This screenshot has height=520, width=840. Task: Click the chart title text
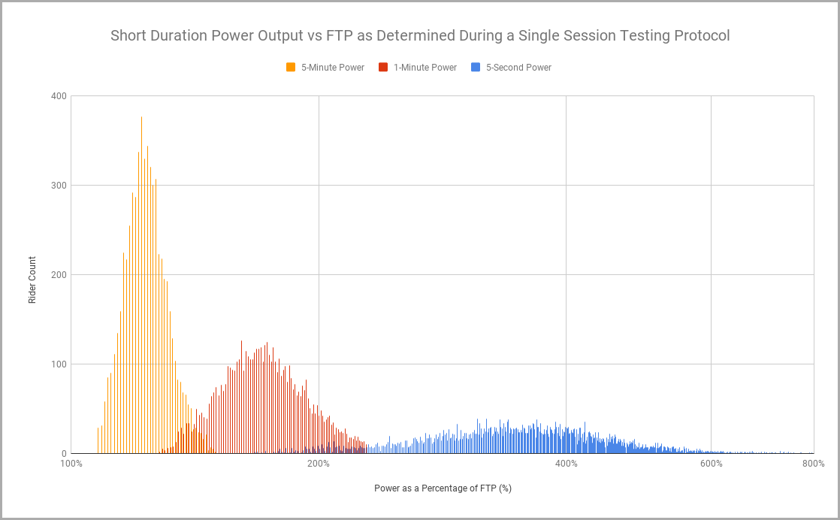pos(420,35)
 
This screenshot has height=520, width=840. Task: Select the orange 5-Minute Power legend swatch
pos(291,67)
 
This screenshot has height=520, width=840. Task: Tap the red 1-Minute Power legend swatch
pos(383,67)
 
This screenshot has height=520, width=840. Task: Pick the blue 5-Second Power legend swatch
pos(476,67)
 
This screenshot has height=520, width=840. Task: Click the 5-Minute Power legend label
pos(333,68)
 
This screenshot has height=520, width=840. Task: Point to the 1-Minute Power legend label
pos(425,68)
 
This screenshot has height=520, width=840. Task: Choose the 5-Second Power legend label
pos(518,68)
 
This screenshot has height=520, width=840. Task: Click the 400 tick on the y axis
pos(59,96)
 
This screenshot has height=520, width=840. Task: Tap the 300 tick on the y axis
pos(59,186)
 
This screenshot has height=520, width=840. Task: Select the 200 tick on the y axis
pos(59,275)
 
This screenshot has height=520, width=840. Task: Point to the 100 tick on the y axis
pos(59,364)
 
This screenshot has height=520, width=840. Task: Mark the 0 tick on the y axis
pos(65,454)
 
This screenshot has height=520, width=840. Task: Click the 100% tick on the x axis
pos(71,464)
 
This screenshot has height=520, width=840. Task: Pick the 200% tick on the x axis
pos(319,464)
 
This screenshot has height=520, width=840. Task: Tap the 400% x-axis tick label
pos(567,464)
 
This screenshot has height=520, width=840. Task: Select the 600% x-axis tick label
pos(712,464)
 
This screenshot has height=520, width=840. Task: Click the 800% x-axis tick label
pos(814,464)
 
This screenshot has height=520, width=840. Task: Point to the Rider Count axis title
pos(32,280)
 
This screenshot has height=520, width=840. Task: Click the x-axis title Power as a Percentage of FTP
pos(443,488)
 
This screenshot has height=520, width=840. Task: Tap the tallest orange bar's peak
pos(141,116)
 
